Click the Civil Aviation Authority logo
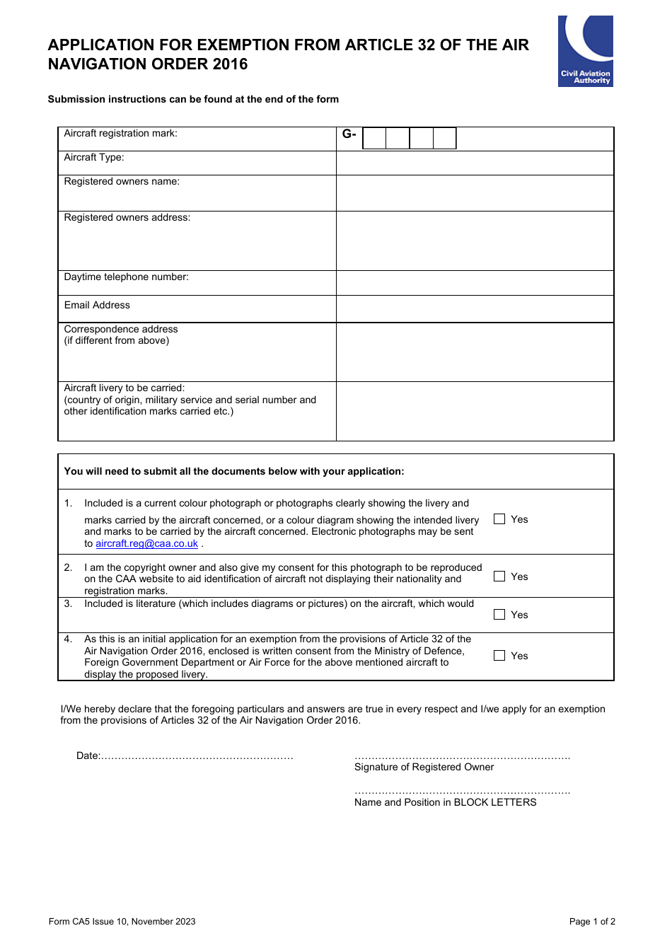[585, 51]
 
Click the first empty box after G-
[374, 138]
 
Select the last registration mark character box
[444, 138]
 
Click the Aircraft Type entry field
[475, 163]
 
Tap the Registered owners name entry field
[475, 193]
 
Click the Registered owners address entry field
[475, 241]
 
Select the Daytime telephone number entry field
[475, 283]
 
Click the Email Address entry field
[475, 309]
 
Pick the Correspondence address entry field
[475, 352]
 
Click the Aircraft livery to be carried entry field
[475, 411]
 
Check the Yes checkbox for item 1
[499, 519]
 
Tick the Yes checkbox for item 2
[499, 577]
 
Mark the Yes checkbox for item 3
[499, 615]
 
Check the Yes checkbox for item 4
[499, 656]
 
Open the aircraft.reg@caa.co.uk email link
[146, 544]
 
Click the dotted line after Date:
[197, 757]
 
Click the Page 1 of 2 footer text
[592, 922]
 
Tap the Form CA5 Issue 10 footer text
[122, 922]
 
